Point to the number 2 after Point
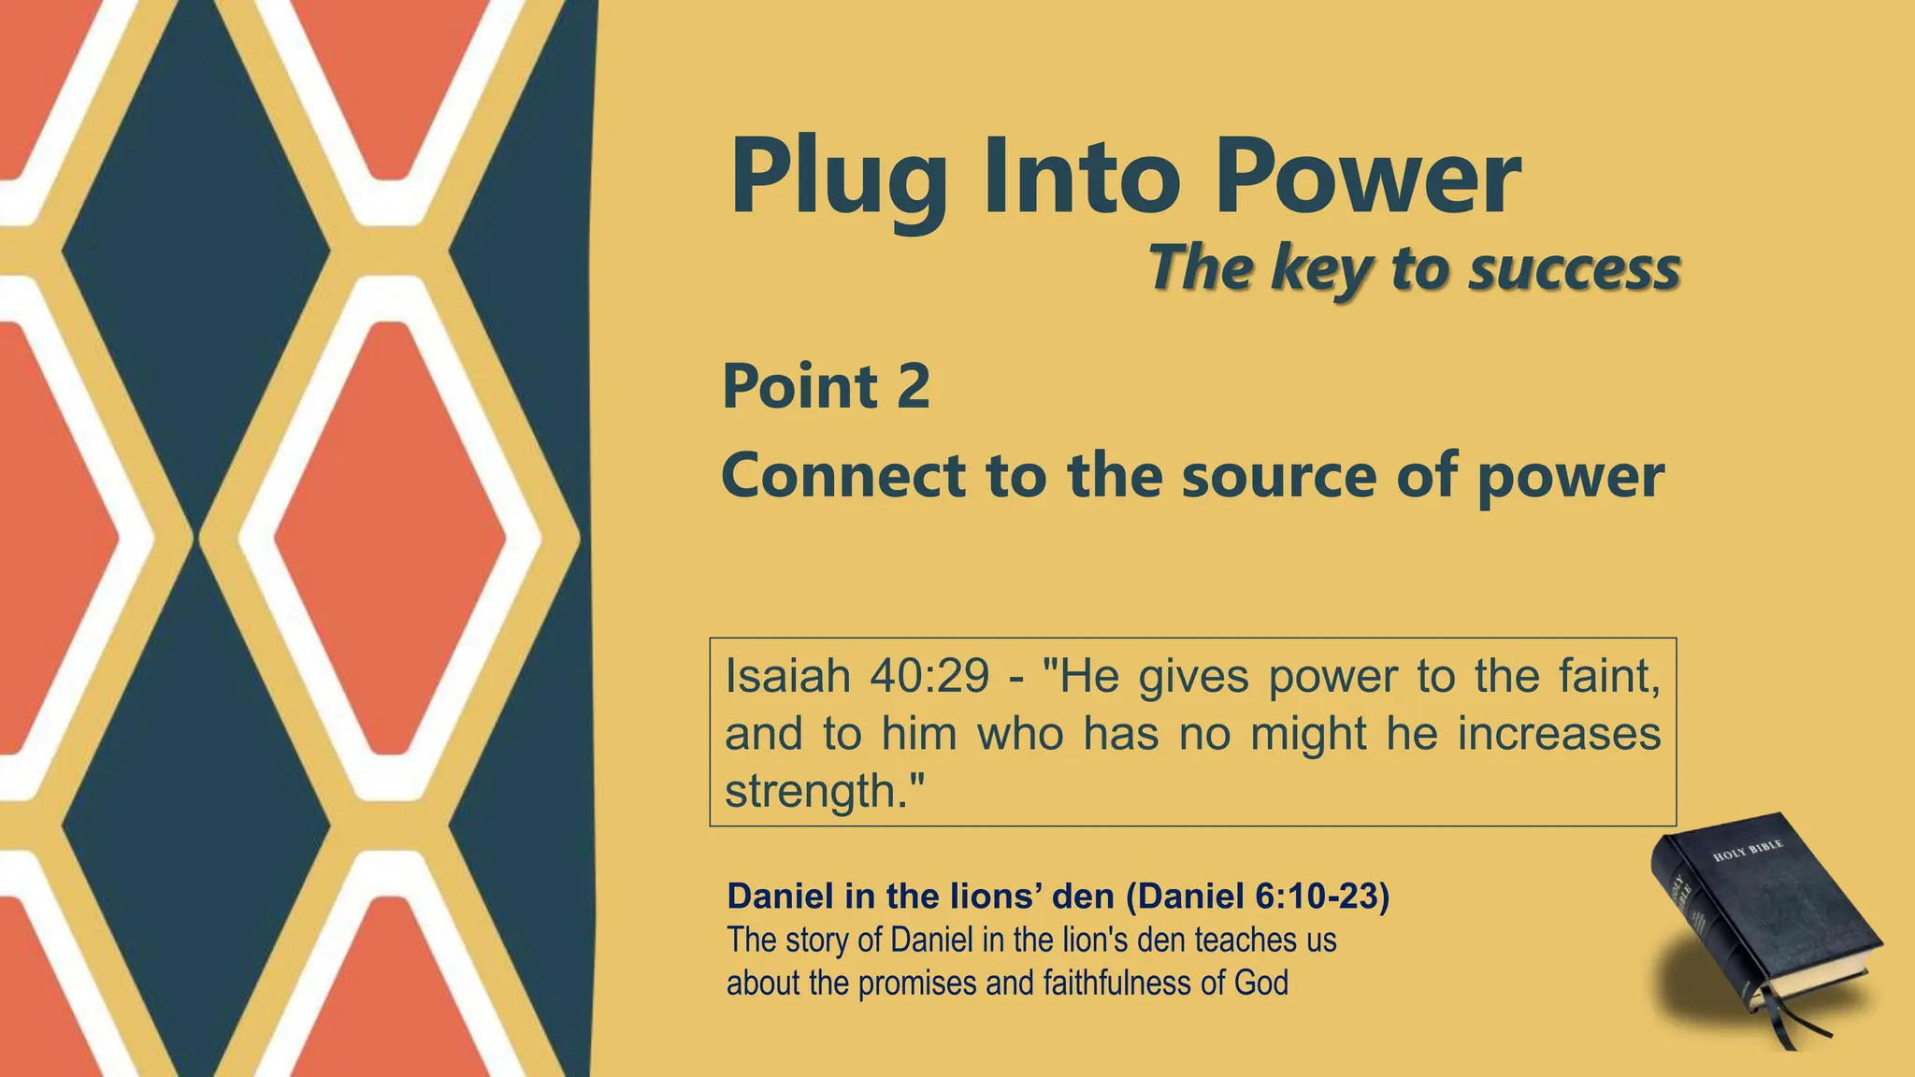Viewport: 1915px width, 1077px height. coord(914,385)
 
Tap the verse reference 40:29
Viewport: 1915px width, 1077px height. coord(929,675)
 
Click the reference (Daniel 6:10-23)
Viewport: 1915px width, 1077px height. coord(1258,896)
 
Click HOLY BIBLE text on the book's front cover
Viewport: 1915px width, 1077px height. coord(1748,851)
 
